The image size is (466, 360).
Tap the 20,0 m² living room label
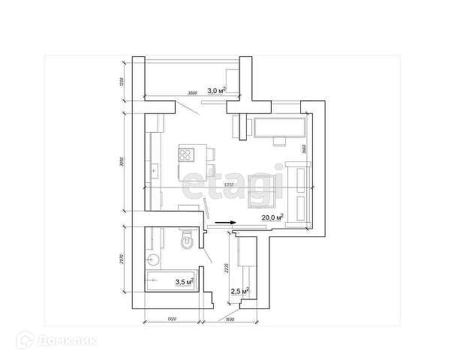[272, 217]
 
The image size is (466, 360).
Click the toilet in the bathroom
[187, 241]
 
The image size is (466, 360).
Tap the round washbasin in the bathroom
[154, 260]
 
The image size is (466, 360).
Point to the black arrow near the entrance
[224, 222]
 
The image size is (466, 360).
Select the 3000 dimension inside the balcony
[192, 94]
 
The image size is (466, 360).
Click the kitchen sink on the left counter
[153, 172]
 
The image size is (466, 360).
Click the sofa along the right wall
[300, 195]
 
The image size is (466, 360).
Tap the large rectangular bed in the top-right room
[278, 127]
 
